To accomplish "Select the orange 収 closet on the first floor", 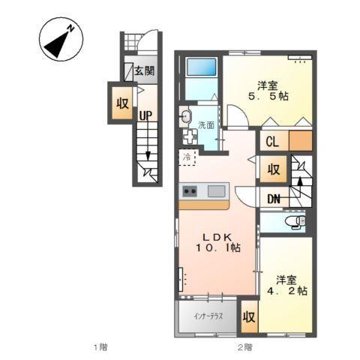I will [x=120, y=103].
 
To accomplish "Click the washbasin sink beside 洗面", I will [x=186, y=116].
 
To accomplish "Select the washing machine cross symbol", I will [x=188, y=138].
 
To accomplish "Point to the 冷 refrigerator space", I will [x=187, y=157].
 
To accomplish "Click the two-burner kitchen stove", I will [x=188, y=190].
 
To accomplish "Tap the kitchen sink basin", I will [x=217, y=190].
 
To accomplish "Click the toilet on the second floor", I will [x=295, y=223].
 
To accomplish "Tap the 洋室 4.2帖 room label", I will [x=289, y=285].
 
